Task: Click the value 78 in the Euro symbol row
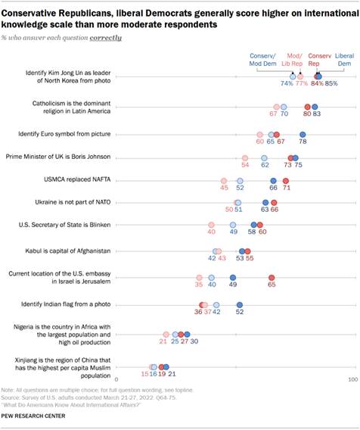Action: tap(303, 142)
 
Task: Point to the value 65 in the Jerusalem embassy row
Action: tap(272, 287)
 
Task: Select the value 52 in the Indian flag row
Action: tap(240, 311)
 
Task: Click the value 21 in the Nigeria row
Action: tap(163, 342)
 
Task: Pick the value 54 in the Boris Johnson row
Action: tap(245, 164)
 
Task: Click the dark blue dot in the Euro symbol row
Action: tap(303, 134)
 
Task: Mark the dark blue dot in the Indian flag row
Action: tap(240, 304)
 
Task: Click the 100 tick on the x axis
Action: tap(352, 378)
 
